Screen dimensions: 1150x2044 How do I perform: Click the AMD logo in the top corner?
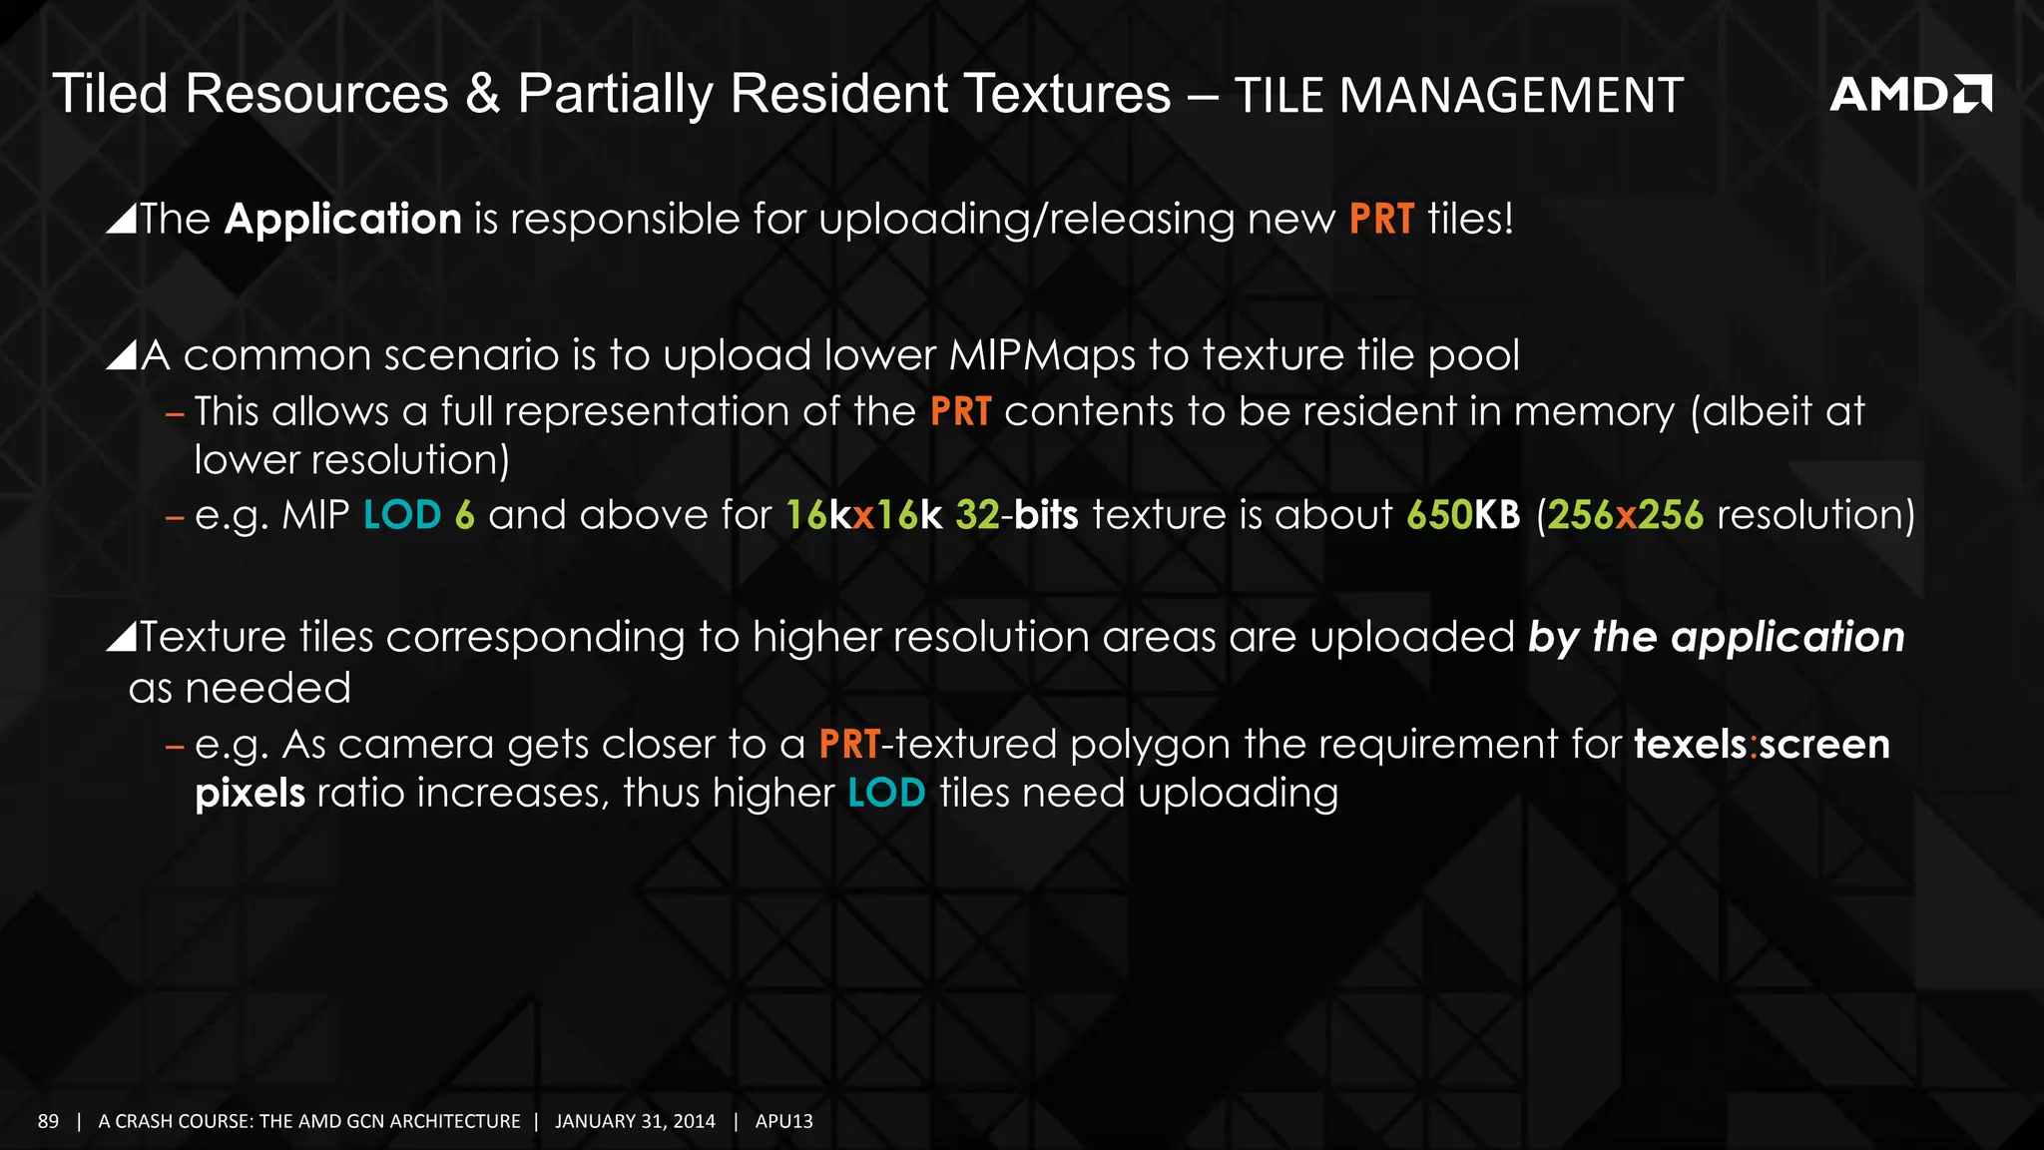coord(1909,94)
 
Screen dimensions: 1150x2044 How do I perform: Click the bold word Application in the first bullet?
coord(342,219)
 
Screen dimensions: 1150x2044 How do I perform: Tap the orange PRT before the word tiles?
coord(1381,219)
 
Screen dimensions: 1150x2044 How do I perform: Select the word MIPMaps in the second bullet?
coord(1042,355)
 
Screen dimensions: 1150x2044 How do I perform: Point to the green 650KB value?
coord(1463,515)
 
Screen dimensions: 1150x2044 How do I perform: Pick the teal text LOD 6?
coord(419,515)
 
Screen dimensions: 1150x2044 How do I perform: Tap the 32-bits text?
coord(1016,515)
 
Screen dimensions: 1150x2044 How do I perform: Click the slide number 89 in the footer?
coord(48,1121)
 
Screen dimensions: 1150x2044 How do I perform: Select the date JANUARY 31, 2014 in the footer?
coord(635,1121)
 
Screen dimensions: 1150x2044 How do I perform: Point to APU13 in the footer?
coord(783,1121)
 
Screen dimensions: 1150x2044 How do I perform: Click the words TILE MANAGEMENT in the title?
coord(1458,96)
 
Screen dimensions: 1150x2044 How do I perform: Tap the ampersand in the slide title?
coord(483,94)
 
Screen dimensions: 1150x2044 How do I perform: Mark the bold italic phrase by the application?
coord(1716,637)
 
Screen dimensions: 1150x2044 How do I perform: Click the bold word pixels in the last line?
coord(250,794)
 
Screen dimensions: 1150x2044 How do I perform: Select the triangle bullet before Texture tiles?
coord(121,636)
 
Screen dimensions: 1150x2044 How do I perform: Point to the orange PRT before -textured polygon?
coord(849,745)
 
